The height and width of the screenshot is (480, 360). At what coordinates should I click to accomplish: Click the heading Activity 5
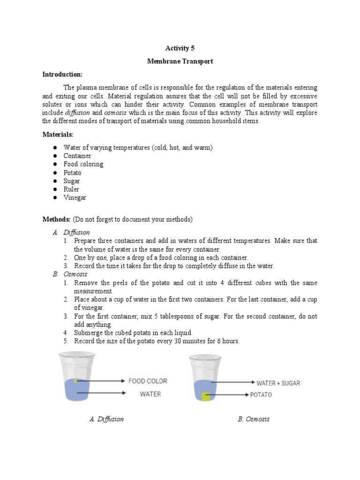point(180,48)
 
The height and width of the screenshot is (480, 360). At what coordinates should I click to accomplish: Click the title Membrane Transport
point(180,61)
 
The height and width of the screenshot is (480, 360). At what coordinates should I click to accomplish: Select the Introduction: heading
point(62,75)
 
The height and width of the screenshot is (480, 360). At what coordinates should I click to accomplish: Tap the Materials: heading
point(58,135)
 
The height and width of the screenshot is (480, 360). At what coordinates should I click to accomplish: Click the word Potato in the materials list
point(73,172)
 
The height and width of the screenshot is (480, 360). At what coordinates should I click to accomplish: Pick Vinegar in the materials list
point(75,198)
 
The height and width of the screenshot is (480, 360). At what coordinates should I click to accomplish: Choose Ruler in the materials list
point(72,189)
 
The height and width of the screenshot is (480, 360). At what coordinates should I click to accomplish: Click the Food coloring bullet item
point(83,164)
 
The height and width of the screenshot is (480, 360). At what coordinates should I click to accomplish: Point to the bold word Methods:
point(57,219)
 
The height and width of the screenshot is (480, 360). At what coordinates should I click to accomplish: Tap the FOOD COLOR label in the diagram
point(148,381)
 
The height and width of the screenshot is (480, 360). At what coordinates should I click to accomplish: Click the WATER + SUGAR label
point(278,383)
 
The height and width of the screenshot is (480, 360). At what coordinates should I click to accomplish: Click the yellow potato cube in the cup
point(206,397)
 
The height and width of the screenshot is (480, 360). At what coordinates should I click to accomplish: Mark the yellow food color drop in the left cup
point(77,380)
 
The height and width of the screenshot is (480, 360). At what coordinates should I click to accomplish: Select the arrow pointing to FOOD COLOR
point(101,381)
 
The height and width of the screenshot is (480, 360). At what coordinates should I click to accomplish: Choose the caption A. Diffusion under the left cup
point(107,419)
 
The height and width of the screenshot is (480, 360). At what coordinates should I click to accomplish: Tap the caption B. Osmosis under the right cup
point(254,419)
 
